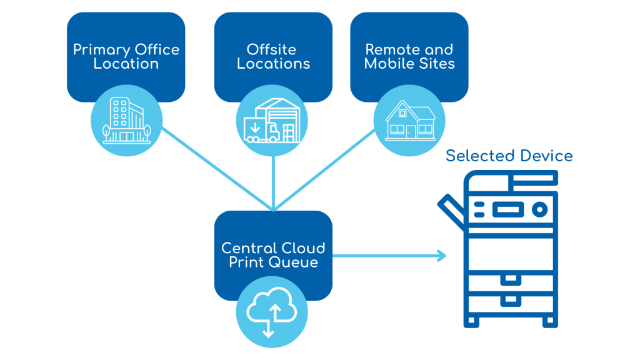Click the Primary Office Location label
point(126,56)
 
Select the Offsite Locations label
point(273,56)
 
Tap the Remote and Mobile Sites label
point(409,56)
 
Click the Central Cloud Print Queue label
point(273,255)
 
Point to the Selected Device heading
point(509,156)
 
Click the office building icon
point(127,121)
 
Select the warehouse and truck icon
point(273,121)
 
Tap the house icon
point(409,121)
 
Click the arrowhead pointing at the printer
point(442,255)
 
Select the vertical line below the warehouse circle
point(273,181)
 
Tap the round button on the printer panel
point(539,209)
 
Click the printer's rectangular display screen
point(507,209)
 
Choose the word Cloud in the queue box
point(305,248)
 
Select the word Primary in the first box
point(98,49)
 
